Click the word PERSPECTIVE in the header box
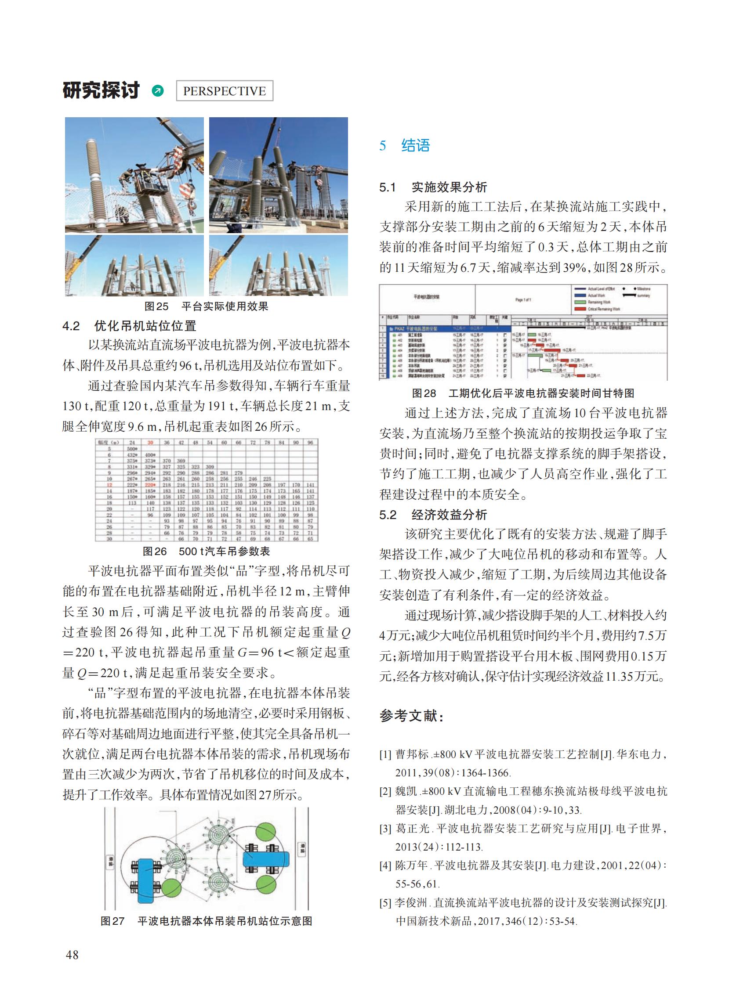pos(224,91)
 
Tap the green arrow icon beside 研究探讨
pos(158,91)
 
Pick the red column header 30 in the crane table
pos(150,443)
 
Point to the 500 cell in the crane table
pos(132,449)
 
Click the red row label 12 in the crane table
pos(109,484)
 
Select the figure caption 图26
pos(155,552)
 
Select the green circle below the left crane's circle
pos(171,889)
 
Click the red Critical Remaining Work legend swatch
pos(580,309)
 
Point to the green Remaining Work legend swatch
pos(580,303)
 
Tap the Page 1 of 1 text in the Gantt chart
pos(523,299)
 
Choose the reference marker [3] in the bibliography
pos(385,829)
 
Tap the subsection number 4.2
pos(71,326)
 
